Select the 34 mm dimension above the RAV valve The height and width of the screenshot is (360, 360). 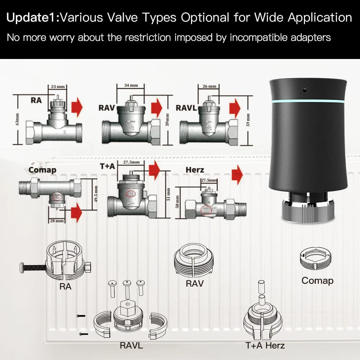(x=131, y=86)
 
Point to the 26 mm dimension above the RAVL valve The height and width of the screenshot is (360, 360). (x=209, y=87)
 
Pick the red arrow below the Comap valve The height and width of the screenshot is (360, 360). (x=76, y=213)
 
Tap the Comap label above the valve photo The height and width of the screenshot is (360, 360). (x=42, y=170)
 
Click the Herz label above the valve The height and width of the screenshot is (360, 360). (x=195, y=170)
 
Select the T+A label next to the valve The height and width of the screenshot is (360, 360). (x=108, y=167)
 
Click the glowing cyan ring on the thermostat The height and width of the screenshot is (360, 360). (x=308, y=101)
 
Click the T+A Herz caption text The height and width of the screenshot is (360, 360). (x=265, y=346)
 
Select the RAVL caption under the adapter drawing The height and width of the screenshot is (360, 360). (x=131, y=346)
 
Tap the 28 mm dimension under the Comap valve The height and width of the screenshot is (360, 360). (x=57, y=220)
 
